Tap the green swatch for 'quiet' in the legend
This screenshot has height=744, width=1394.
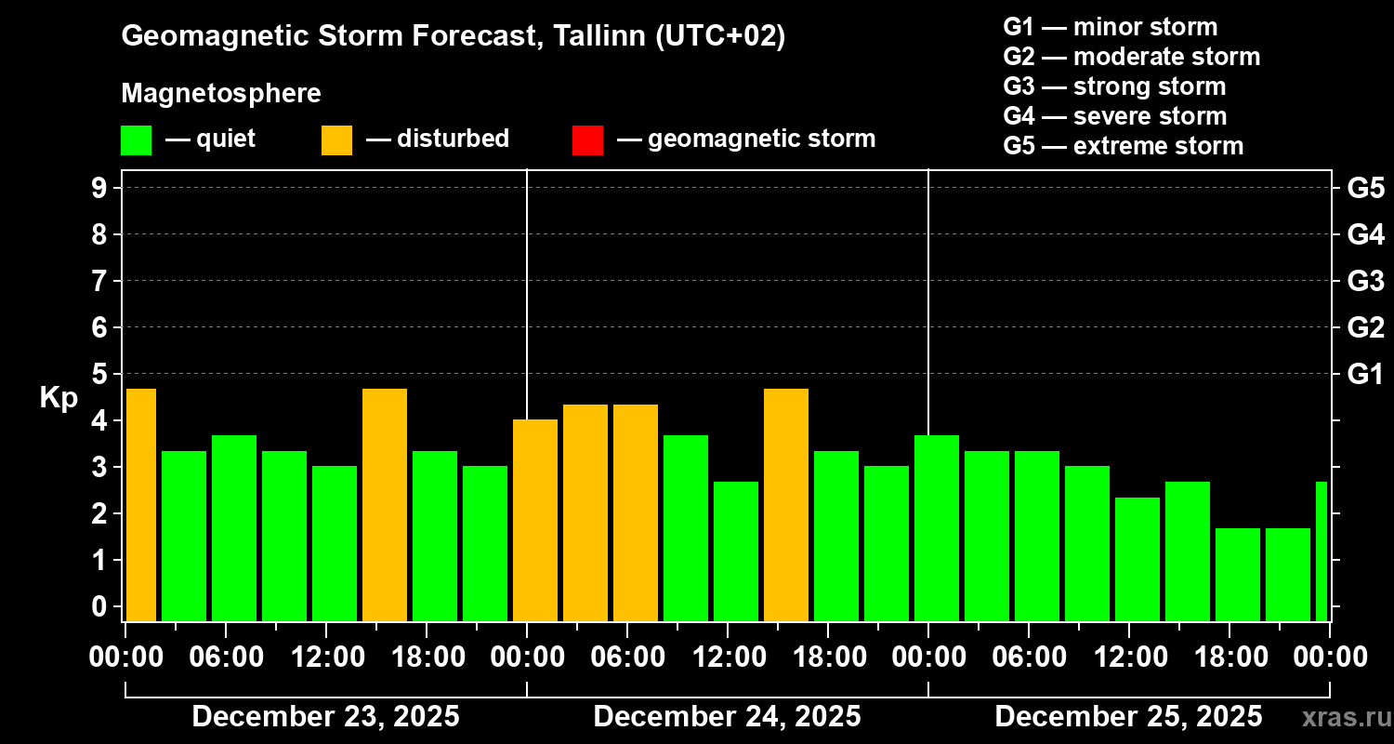pyautogui.click(x=136, y=139)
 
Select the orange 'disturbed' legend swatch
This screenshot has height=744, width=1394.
pyautogui.click(x=336, y=139)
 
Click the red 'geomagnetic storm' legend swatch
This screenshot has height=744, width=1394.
pyautogui.click(x=587, y=139)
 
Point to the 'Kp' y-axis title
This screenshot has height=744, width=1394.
pyautogui.click(x=59, y=397)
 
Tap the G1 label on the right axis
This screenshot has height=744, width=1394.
pyautogui.click(x=1365, y=375)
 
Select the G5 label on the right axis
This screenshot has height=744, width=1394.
pyautogui.click(x=1365, y=188)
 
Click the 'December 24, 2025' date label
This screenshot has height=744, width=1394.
pyautogui.click(x=727, y=717)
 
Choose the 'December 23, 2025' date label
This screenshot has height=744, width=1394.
pyautogui.click(x=325, y=717)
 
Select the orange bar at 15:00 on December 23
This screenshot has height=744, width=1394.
pyautogui.click(x=385, y=505)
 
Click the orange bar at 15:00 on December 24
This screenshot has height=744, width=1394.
pyautogui.click(x=786, y=505)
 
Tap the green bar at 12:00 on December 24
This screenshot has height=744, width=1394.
pyautogui.click(x=736, y=551)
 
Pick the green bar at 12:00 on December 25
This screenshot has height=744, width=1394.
pyautogui.click(x=1138, y=559)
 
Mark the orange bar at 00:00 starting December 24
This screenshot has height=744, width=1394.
pyautogui.click(x=535, y=521)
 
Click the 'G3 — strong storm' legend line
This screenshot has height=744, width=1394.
pyautogui.click(x=1114, y=86)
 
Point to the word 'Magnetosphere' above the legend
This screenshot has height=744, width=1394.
pyautogui.click(x=221, y=94)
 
